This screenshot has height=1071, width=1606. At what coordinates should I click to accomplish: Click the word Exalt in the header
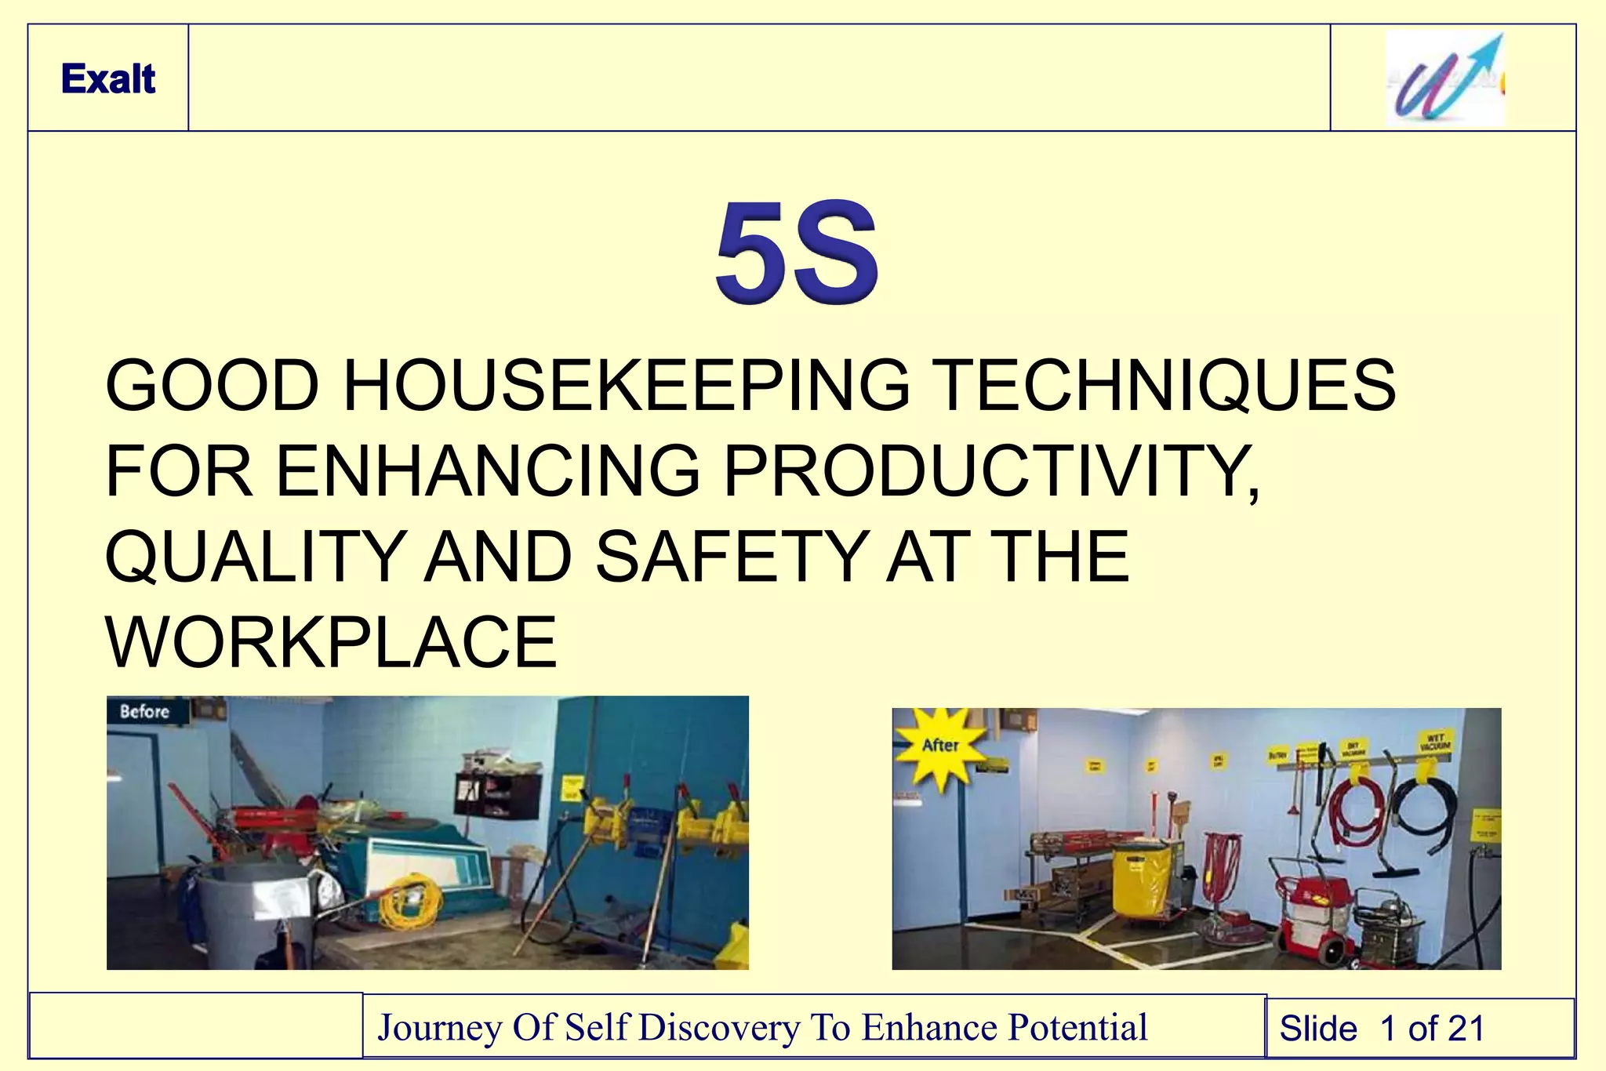[x=108, y=79]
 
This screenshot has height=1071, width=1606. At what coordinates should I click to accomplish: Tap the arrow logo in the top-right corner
[x=1444, y=79]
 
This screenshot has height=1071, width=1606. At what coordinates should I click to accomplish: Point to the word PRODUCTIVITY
[x=990, y=471]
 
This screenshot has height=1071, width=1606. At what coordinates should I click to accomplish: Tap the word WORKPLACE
[x=331, y=642]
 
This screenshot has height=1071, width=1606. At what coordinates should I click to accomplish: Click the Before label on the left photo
[x=145, y=712]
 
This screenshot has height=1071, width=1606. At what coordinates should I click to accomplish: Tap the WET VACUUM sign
[x=1436, y=742]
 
